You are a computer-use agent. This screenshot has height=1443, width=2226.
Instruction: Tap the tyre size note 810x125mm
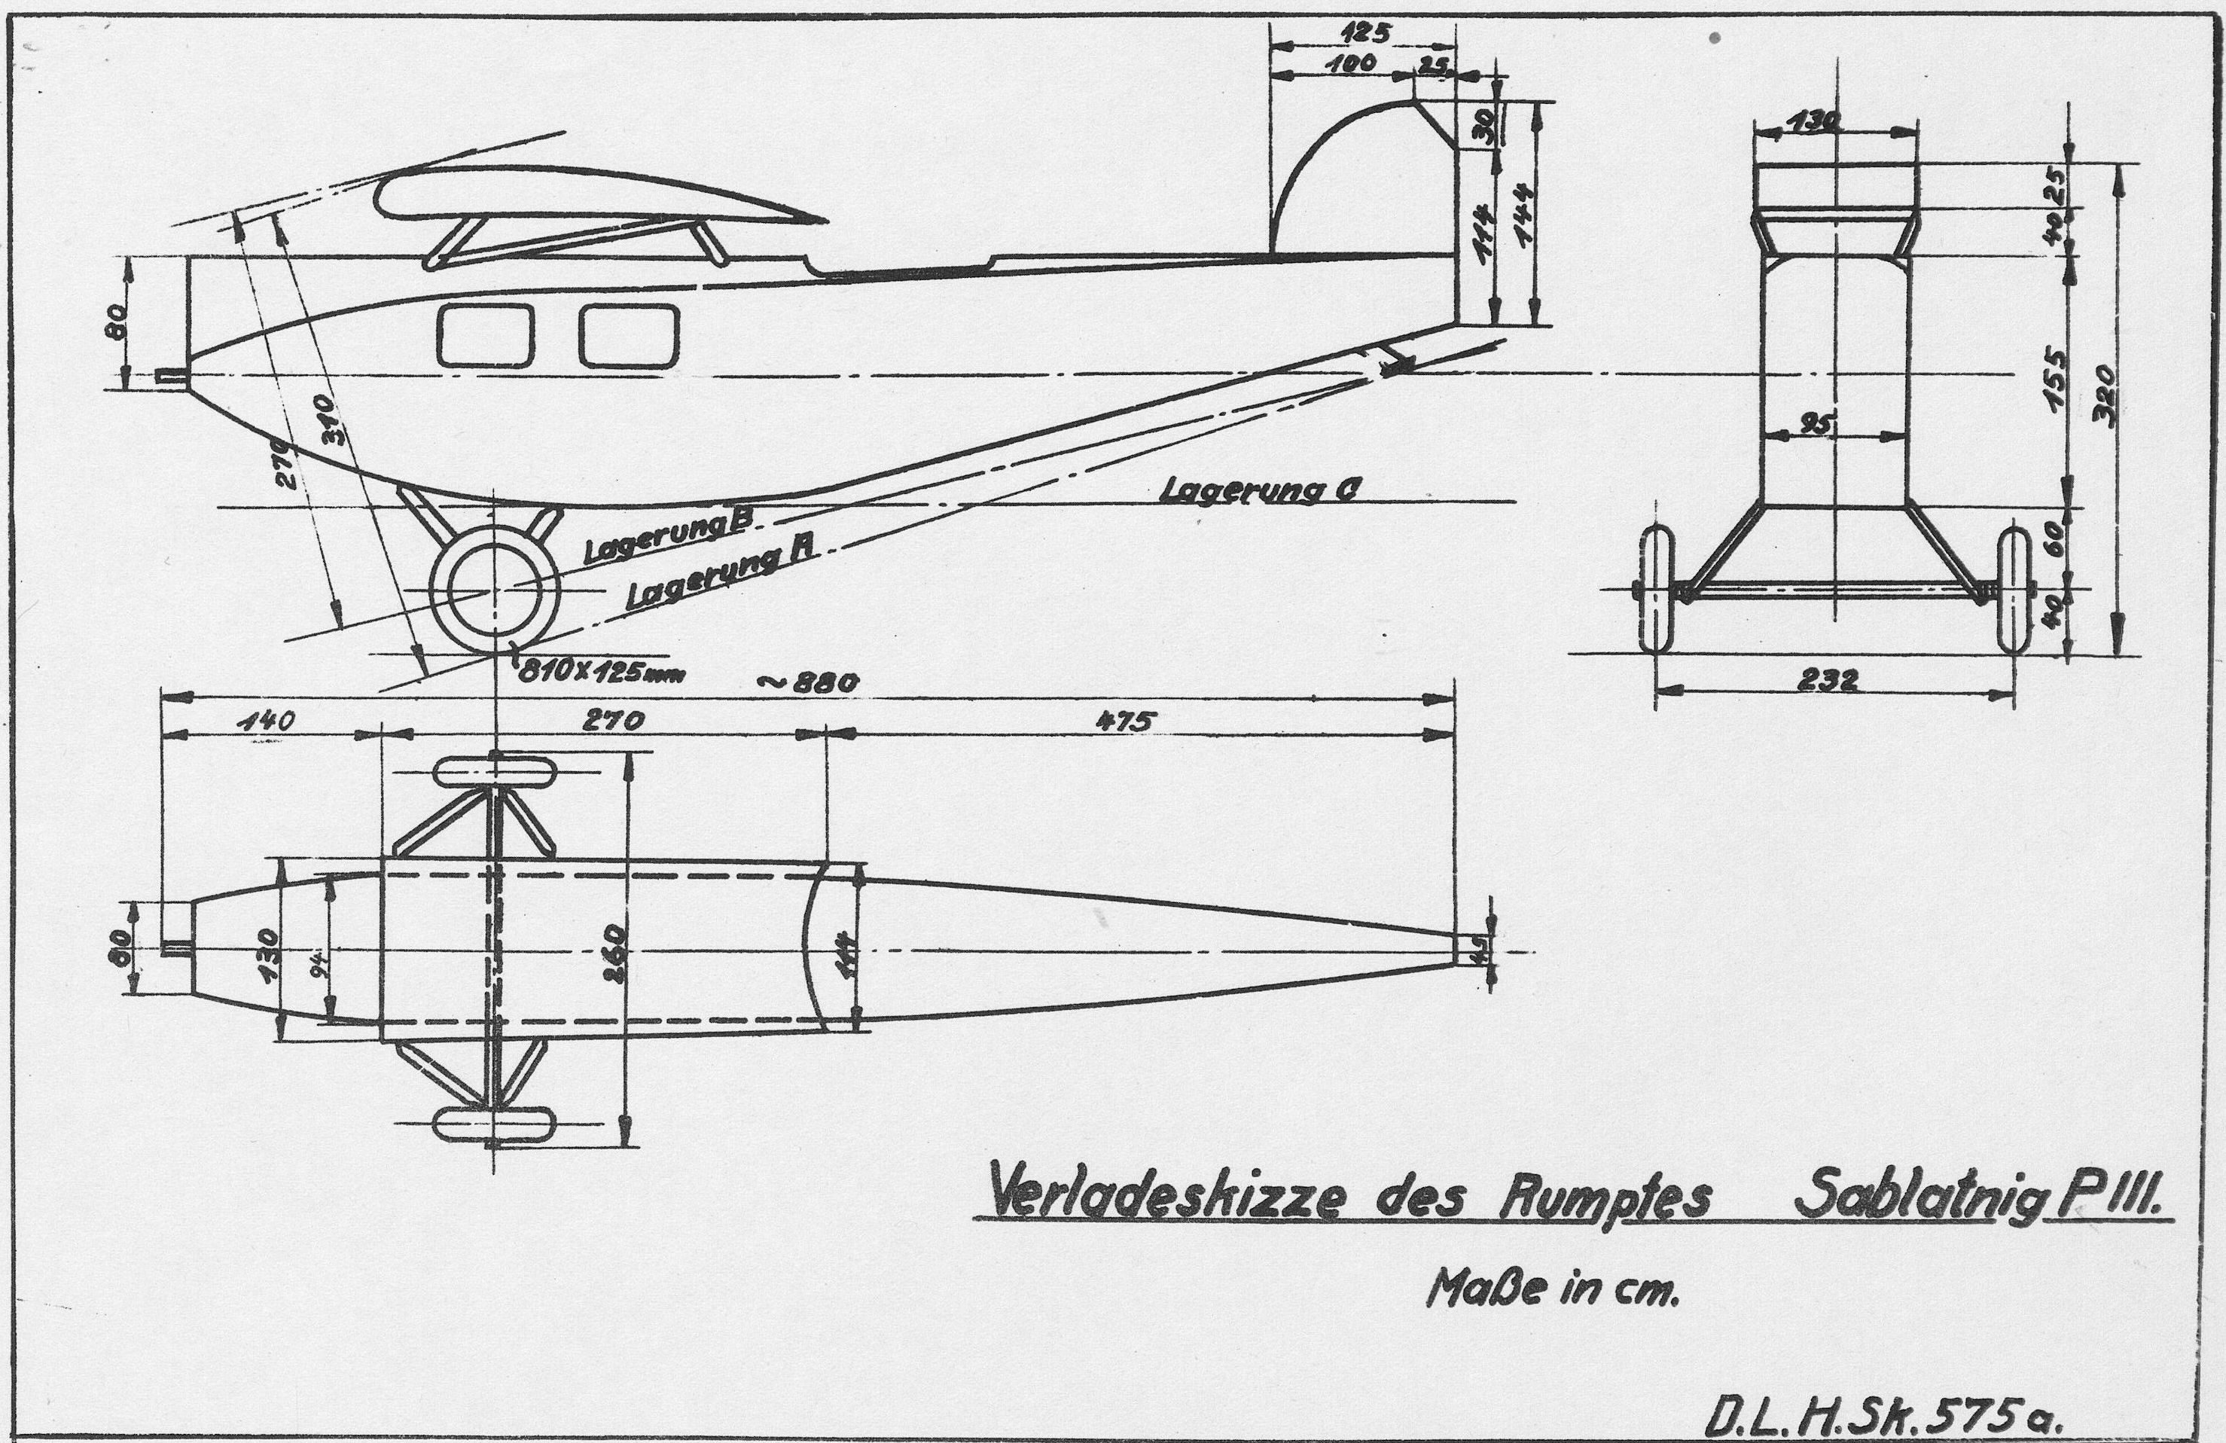(x=599, y=673)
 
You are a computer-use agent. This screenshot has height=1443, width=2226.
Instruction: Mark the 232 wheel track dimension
(x=1827, y=680)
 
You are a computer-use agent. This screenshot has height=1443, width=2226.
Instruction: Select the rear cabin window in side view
(x=627, y=336)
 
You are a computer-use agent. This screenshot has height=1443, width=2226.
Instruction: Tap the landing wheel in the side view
(x=494, y=587)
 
